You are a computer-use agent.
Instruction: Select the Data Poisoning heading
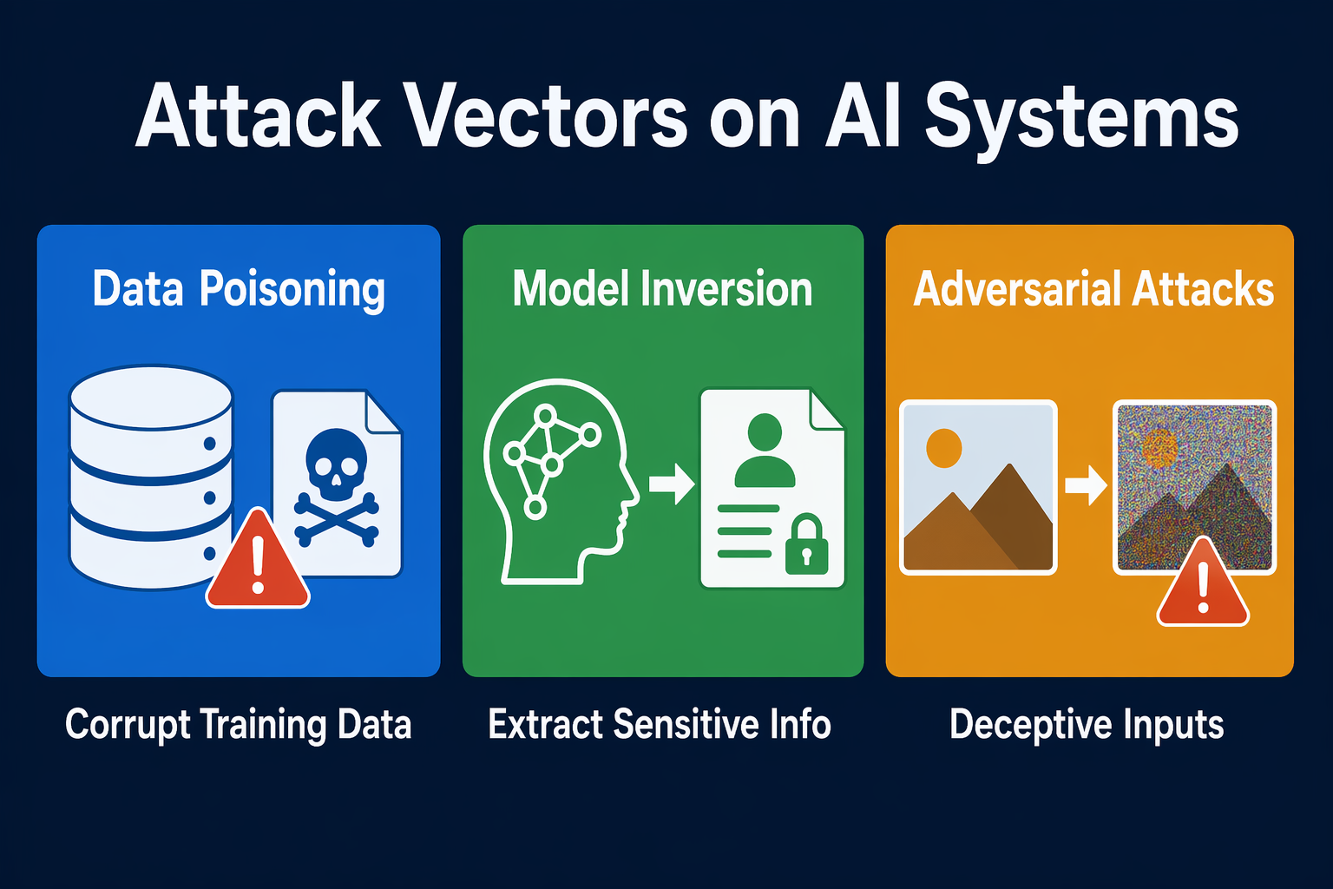coord(239,289)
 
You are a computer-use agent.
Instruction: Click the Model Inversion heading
coord(662,289)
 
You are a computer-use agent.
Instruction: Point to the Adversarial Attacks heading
coord(1093,289)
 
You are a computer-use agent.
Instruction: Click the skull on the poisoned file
coord(336,465)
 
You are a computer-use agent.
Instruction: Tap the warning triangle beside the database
coord(258,559)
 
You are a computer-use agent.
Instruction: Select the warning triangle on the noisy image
coord(1203,582)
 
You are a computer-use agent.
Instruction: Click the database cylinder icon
coord(150,477)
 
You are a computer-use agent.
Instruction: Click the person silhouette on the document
coord(765,451)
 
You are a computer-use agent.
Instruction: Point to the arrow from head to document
coord(671,483)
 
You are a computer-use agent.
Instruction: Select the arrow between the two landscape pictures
coord(1086,485)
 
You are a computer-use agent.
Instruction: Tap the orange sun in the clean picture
coord(944,448)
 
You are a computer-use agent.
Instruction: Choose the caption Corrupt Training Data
coord(238,725)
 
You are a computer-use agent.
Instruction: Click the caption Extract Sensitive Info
coord(660,724)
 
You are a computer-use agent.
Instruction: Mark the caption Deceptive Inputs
coord(1087,725)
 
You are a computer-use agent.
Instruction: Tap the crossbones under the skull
coord(336,521)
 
